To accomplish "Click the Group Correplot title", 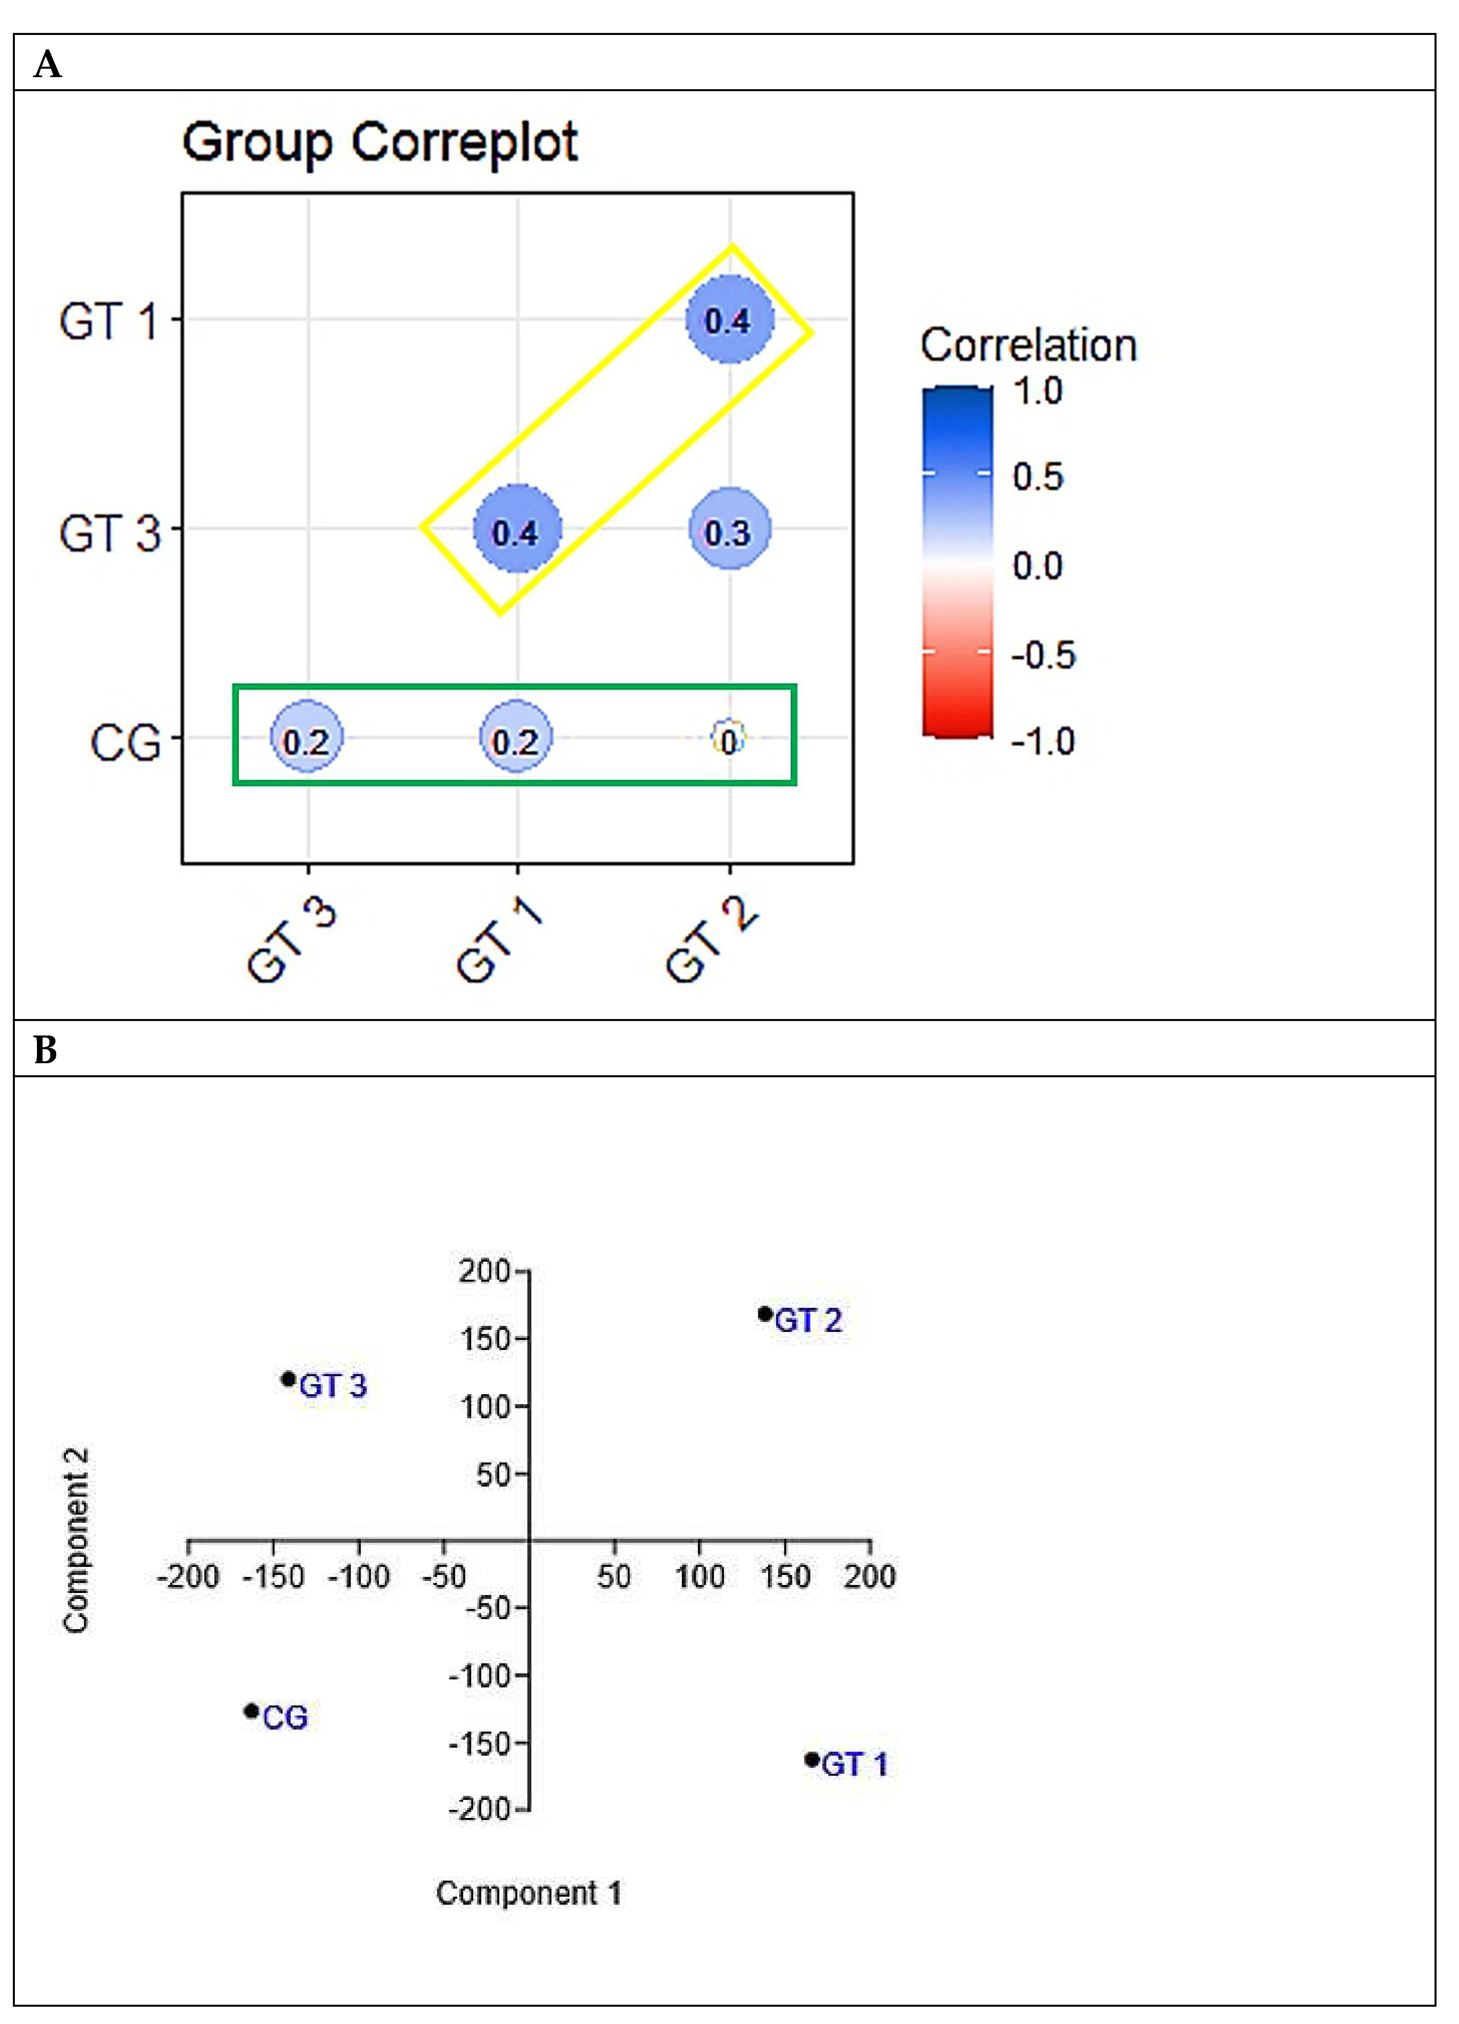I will pos(380,143).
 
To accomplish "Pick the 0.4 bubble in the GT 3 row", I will pos(517,531).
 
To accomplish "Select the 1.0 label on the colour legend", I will pos(1038,391).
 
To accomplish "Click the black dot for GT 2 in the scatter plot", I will pos(765,1313).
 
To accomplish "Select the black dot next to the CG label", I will pos(252,1711).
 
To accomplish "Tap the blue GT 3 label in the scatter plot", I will pos(333,1386).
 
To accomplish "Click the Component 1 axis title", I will pos(528,1893).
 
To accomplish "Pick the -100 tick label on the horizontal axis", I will pos(359,1577).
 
